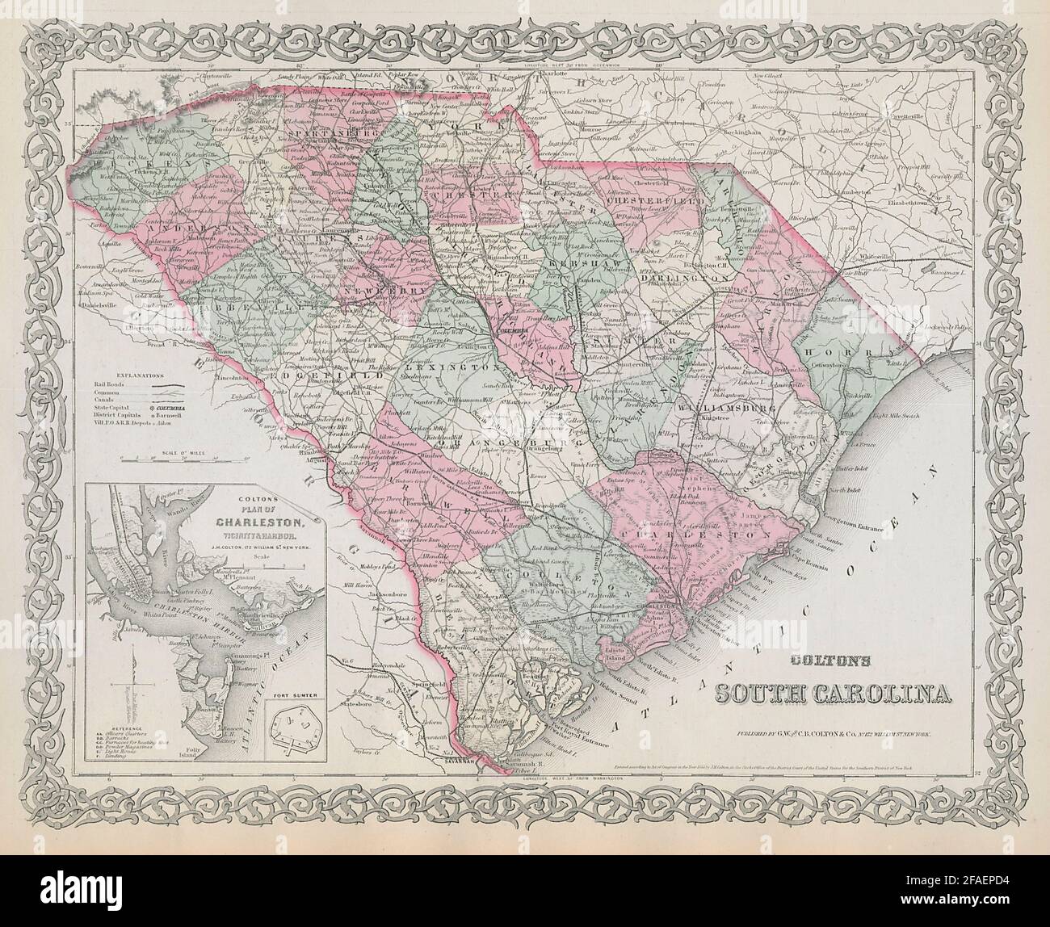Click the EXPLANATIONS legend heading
[139, 376]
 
